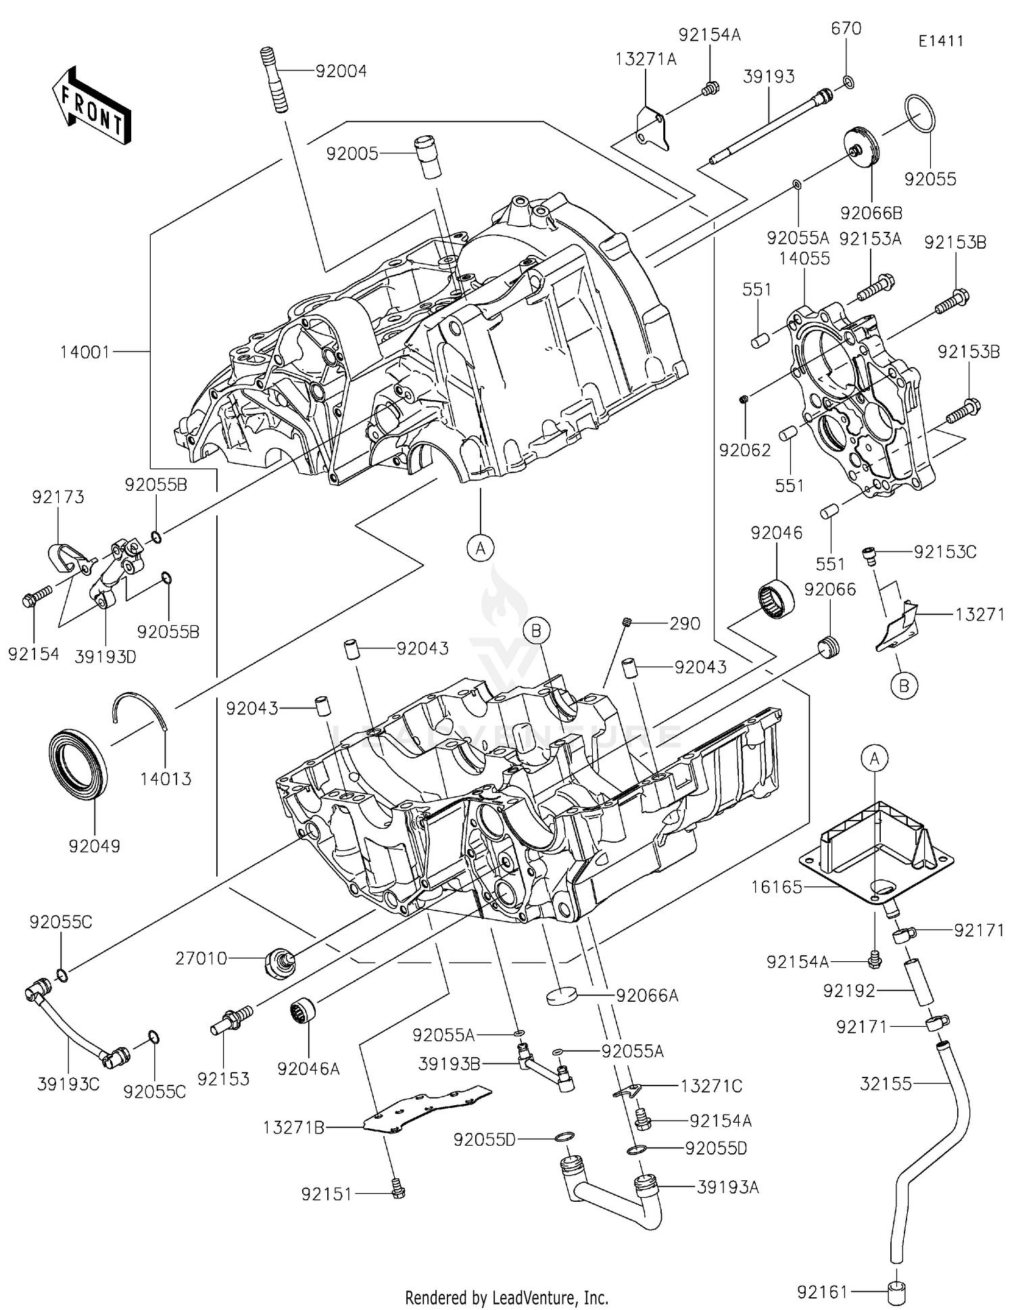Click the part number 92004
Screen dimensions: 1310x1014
tap(341, 72)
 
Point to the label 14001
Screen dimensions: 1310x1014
tap(84, 352)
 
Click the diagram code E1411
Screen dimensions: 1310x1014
tap(940, 41)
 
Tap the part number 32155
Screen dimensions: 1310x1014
tap(886, 1084)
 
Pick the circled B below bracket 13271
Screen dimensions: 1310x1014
tap(904, 686)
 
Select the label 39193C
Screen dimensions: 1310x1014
tap(68, 1084)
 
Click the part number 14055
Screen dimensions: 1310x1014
tap(804, 259)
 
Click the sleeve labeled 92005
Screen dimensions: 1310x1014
tap(426, 157)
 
